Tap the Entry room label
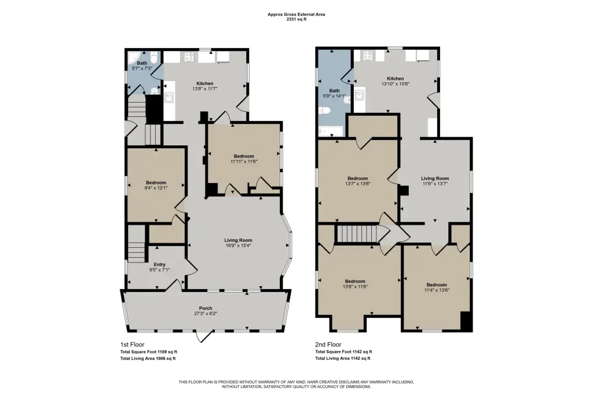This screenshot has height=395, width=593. tap(159, 265)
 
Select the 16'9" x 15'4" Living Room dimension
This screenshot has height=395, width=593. tap(238, 245)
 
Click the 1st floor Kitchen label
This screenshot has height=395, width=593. tap(204, 83)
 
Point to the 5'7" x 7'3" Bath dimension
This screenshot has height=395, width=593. tap(142, 68)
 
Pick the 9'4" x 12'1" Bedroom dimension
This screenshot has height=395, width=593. tap(156, 188)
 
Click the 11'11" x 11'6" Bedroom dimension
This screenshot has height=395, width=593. tap(244, 161)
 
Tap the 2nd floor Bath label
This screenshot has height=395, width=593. tap(334, 91)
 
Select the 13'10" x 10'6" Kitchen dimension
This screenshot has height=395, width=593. tap(395, 84)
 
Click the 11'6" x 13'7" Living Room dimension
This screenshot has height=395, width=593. tap(435, 184)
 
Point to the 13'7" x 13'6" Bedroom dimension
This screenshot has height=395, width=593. tap(357, 184)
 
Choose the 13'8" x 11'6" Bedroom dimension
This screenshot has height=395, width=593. tap(355, 287)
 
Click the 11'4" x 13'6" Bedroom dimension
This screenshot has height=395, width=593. tap(437, 290)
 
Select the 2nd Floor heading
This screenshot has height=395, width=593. tap(328, 345)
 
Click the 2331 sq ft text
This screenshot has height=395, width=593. tap(296, 19)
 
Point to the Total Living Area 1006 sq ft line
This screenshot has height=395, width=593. tap(148, 359)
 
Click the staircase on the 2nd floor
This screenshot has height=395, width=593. tap(357, 233)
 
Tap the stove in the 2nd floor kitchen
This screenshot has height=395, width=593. tap(368, 56)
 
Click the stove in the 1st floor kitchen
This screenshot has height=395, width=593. tap(189, 57)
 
